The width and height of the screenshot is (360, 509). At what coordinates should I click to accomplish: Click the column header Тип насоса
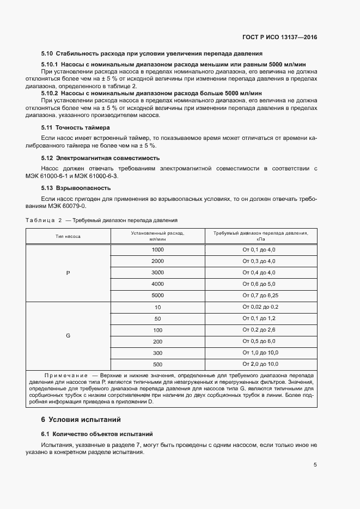pos(68,237)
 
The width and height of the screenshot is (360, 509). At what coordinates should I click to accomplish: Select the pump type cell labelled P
pos(68,272)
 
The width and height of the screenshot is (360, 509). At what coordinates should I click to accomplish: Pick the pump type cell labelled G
pos(68,336)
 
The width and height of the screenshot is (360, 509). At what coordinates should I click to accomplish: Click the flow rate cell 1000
pos(157,249)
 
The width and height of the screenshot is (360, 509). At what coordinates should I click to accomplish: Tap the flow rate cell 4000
pos(157,284)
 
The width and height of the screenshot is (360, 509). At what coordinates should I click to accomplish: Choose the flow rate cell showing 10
pos(157,307)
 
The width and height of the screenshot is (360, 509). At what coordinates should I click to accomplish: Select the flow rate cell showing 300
pos(157,353)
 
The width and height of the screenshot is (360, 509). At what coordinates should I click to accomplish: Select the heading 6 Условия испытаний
pos(82,420)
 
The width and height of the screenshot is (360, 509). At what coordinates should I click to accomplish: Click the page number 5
pos(315,465)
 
